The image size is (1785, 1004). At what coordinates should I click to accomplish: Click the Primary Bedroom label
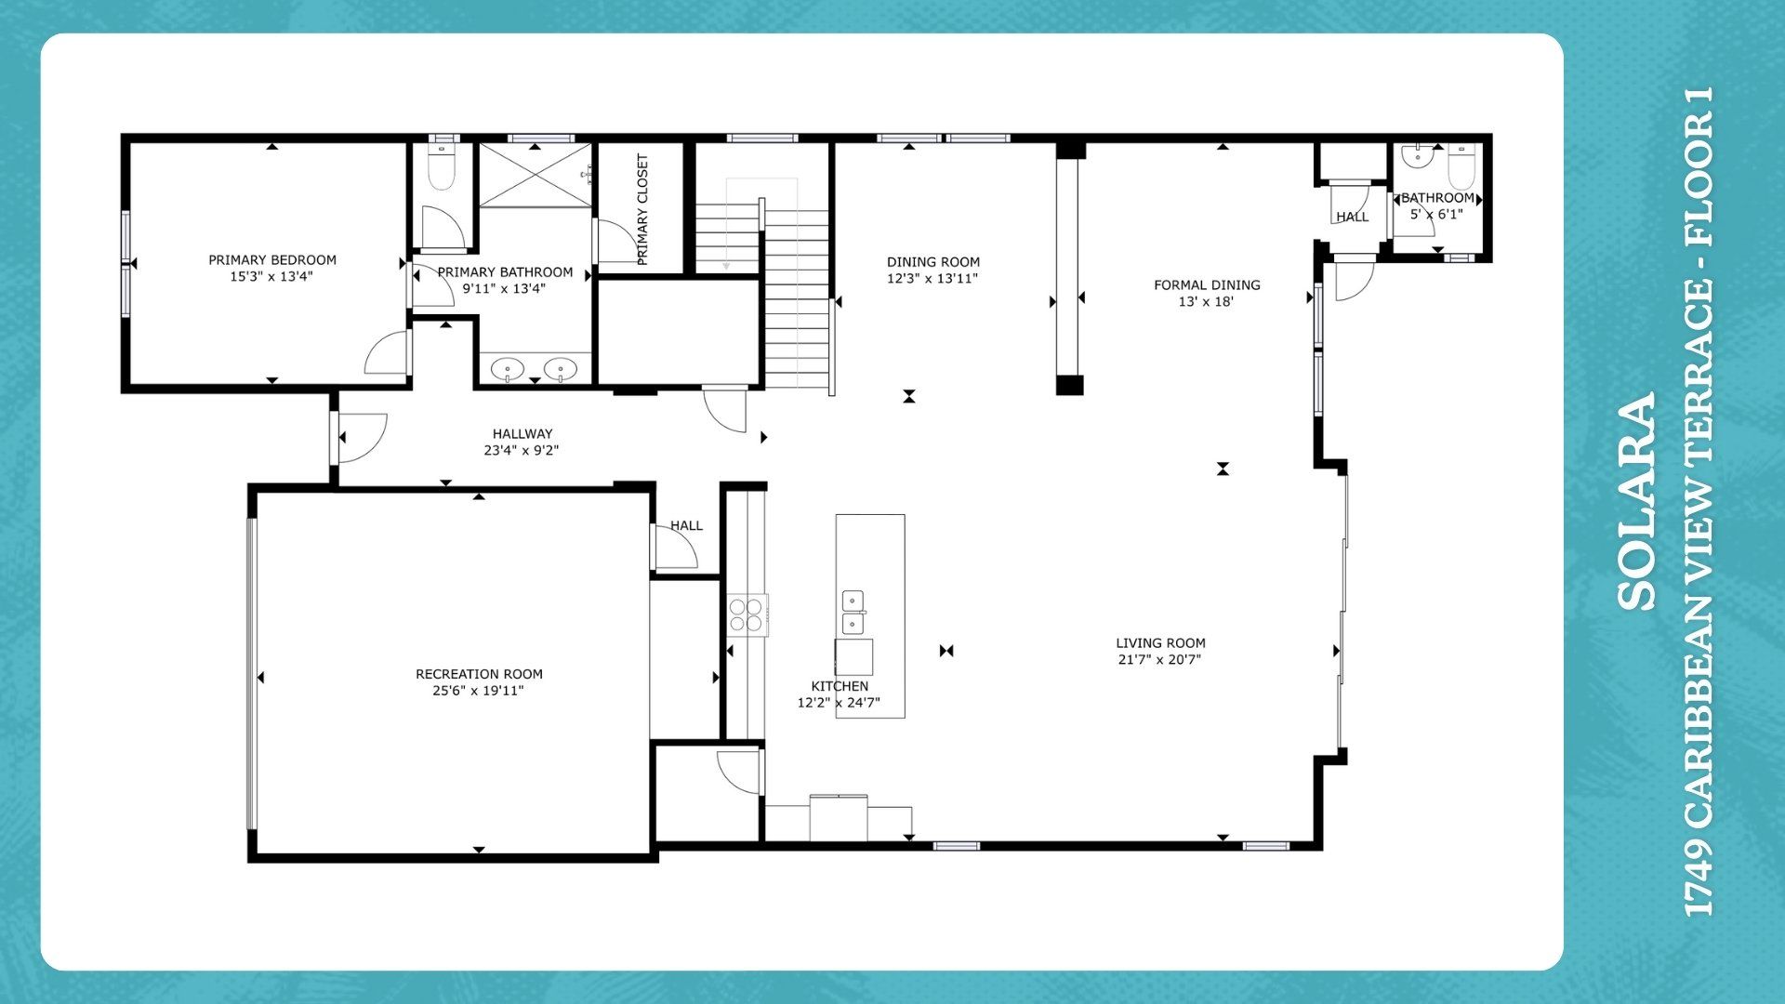(x=272, y=260)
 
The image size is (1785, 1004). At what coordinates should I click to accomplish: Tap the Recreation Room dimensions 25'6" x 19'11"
(x=479, y=691)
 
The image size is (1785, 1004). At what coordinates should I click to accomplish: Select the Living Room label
(x=1160, y=643)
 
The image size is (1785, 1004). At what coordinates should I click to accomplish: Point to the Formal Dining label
(x=1207, y=285)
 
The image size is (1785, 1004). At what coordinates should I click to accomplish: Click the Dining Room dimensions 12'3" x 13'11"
(x=932, y=278)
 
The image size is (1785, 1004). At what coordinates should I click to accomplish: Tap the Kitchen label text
(x=840, y=686)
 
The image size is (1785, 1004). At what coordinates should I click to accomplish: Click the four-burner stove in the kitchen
(x=747, y=614)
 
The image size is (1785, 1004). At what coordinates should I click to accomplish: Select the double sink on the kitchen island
(x=853, y=613)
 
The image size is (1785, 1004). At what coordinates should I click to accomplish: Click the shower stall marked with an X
(x=535, y=175)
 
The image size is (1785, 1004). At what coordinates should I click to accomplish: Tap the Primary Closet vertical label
(x=642, y=210)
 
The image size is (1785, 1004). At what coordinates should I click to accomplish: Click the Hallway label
(x=522, y=434)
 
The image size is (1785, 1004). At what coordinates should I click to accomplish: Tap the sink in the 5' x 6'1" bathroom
(x=1417, y=155)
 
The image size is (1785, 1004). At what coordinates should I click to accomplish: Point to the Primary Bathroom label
(x=505, y=272)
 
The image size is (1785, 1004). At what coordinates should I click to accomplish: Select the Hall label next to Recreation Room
(x=687, y=526)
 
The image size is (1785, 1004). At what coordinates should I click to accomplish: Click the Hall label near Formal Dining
(x=1353, y=217)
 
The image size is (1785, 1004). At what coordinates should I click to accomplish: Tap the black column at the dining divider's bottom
(x=1070, y=385)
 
